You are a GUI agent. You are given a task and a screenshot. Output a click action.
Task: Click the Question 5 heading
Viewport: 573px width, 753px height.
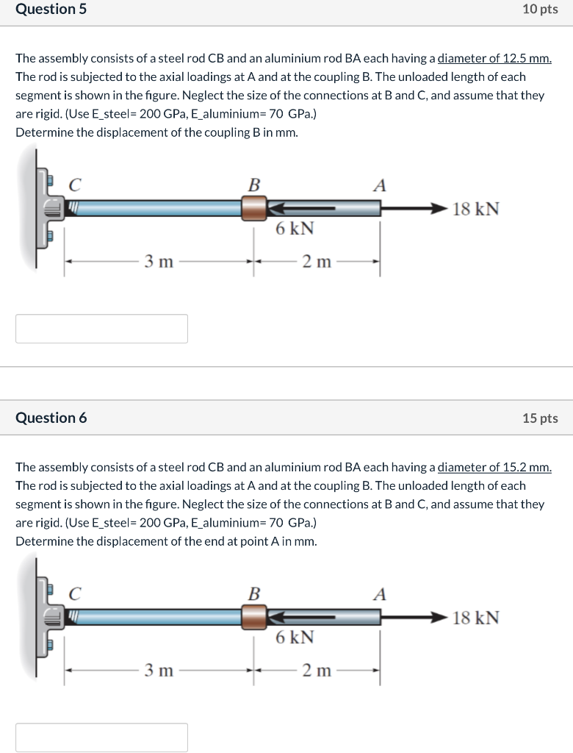pos(46,10)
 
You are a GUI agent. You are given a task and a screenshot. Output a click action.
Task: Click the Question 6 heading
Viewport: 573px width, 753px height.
pos(51,418)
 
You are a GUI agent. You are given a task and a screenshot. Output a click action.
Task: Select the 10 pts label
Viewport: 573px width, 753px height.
pos(540,10)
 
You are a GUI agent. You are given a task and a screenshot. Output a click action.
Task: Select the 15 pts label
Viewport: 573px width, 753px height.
pos(540,418)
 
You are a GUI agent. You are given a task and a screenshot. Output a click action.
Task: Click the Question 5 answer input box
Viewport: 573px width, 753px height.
pos(101,329)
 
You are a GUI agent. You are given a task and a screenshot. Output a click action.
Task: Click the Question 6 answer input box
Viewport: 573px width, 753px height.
pos(101,737)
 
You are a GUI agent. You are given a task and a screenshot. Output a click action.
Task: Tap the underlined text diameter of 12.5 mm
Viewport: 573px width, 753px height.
pos(494,59)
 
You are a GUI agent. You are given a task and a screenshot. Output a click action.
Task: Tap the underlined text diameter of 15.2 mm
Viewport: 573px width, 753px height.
pos(494,467)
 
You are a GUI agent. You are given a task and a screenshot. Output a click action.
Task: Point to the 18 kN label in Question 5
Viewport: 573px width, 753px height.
pos(476,209)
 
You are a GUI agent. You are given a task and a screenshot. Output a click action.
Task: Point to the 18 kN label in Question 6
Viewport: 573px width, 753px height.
pos(476,617)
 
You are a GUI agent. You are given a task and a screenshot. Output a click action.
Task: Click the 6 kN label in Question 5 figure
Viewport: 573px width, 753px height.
pos(295,229)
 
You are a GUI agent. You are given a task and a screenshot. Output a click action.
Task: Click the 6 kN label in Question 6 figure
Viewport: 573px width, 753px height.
pos(295,637)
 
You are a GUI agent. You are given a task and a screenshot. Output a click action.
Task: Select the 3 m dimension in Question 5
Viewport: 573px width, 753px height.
pos(158,262)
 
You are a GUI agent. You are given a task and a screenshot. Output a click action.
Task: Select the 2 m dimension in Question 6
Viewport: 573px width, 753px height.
pos(317,670)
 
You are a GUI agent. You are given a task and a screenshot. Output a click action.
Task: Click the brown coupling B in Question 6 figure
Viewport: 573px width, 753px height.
pos(253,616)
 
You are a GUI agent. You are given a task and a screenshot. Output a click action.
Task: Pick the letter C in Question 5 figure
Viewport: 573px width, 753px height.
pos(74,185)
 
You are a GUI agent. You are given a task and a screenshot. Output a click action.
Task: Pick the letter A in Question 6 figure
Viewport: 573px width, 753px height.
pos(379,593)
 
